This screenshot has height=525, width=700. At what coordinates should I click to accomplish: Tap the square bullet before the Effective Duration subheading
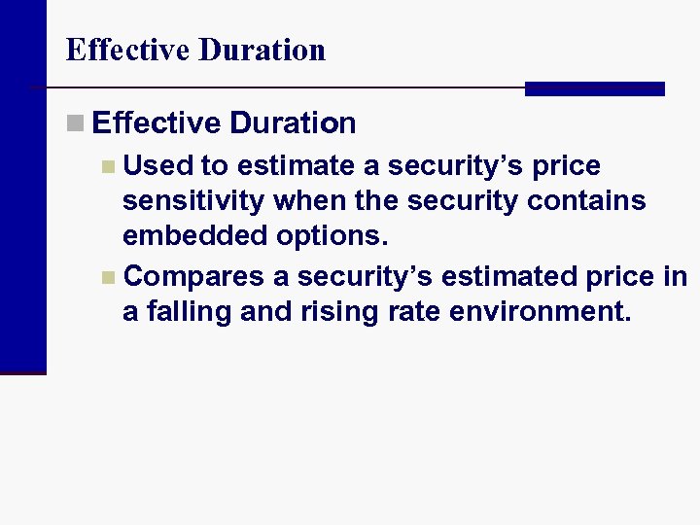pos(75,123)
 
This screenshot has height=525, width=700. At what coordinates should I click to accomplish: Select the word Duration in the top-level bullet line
pos(294,123)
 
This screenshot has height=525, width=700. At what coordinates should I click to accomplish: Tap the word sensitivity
pos(193,201)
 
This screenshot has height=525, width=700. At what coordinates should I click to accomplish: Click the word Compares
pos(194,277)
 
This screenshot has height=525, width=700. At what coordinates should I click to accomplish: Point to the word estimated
pos(505,277)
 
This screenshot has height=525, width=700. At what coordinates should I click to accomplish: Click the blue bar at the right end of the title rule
pos(594,88)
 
